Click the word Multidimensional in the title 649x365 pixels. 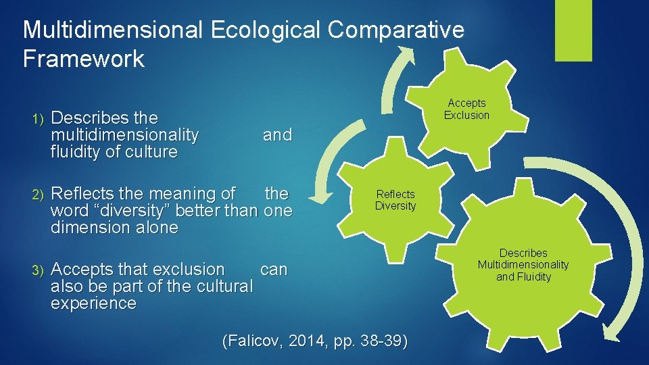point(112,30)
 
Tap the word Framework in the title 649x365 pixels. point(83,59)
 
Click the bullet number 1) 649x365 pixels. point(38,118)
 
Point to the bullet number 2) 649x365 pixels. point(38,195)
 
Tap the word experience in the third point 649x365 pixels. point(93,303)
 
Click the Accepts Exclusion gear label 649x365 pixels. point(466,109)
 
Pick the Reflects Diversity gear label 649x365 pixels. point(395,200)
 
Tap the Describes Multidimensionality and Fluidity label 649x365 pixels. point(523,265)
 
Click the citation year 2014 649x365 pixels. point(306,341)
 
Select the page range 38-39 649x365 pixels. point(380,341)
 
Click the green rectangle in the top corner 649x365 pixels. point(573,30)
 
